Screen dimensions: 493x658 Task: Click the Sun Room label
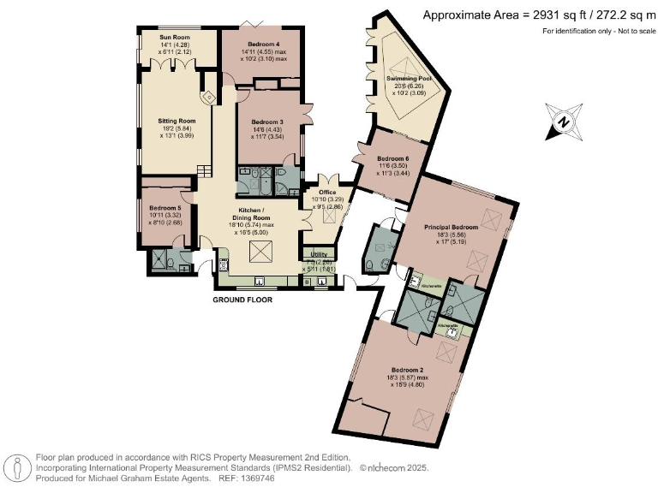point(174,38)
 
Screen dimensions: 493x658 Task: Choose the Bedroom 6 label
point(394,159)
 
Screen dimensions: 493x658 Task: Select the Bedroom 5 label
point(164,208)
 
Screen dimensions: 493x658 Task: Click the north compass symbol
point(564,122)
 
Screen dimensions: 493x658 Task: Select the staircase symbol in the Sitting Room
point(204,170)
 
